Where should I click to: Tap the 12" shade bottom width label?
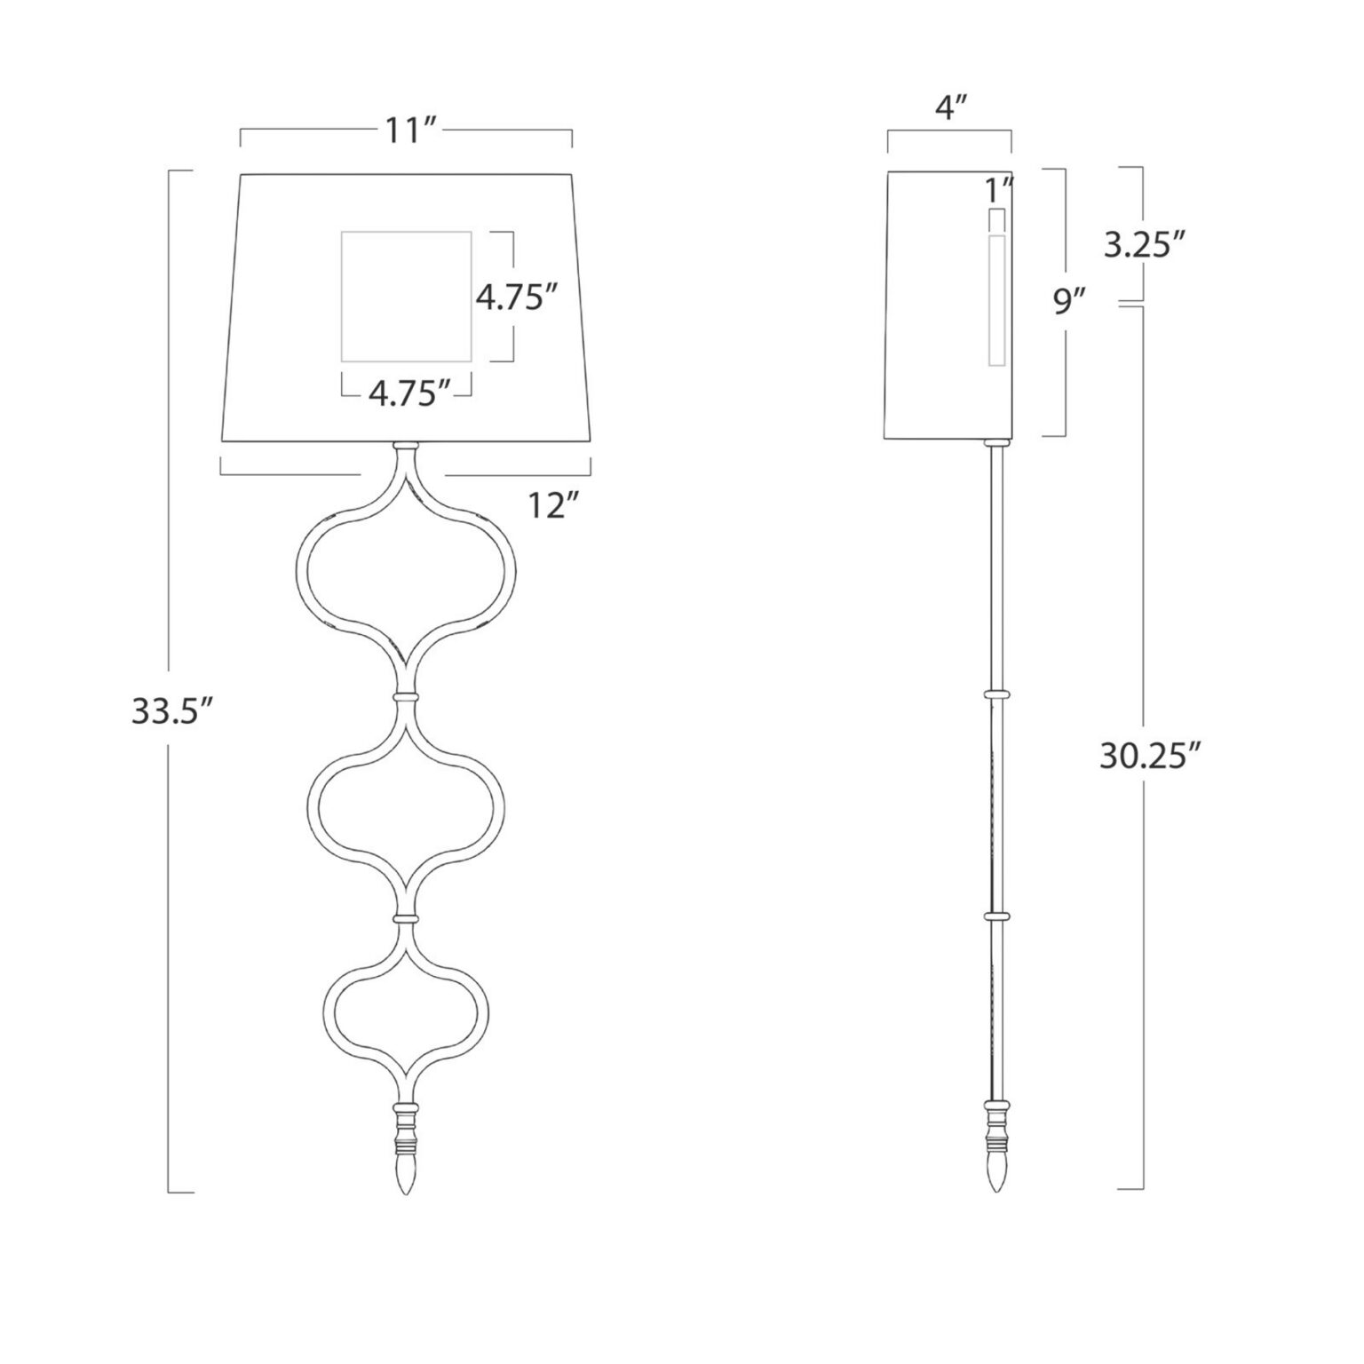point(552,506)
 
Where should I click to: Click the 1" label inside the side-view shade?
point(998,189)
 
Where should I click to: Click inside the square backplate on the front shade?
point(406,297)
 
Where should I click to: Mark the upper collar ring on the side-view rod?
point(995,693)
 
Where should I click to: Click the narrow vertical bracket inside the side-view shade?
point(996,300)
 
